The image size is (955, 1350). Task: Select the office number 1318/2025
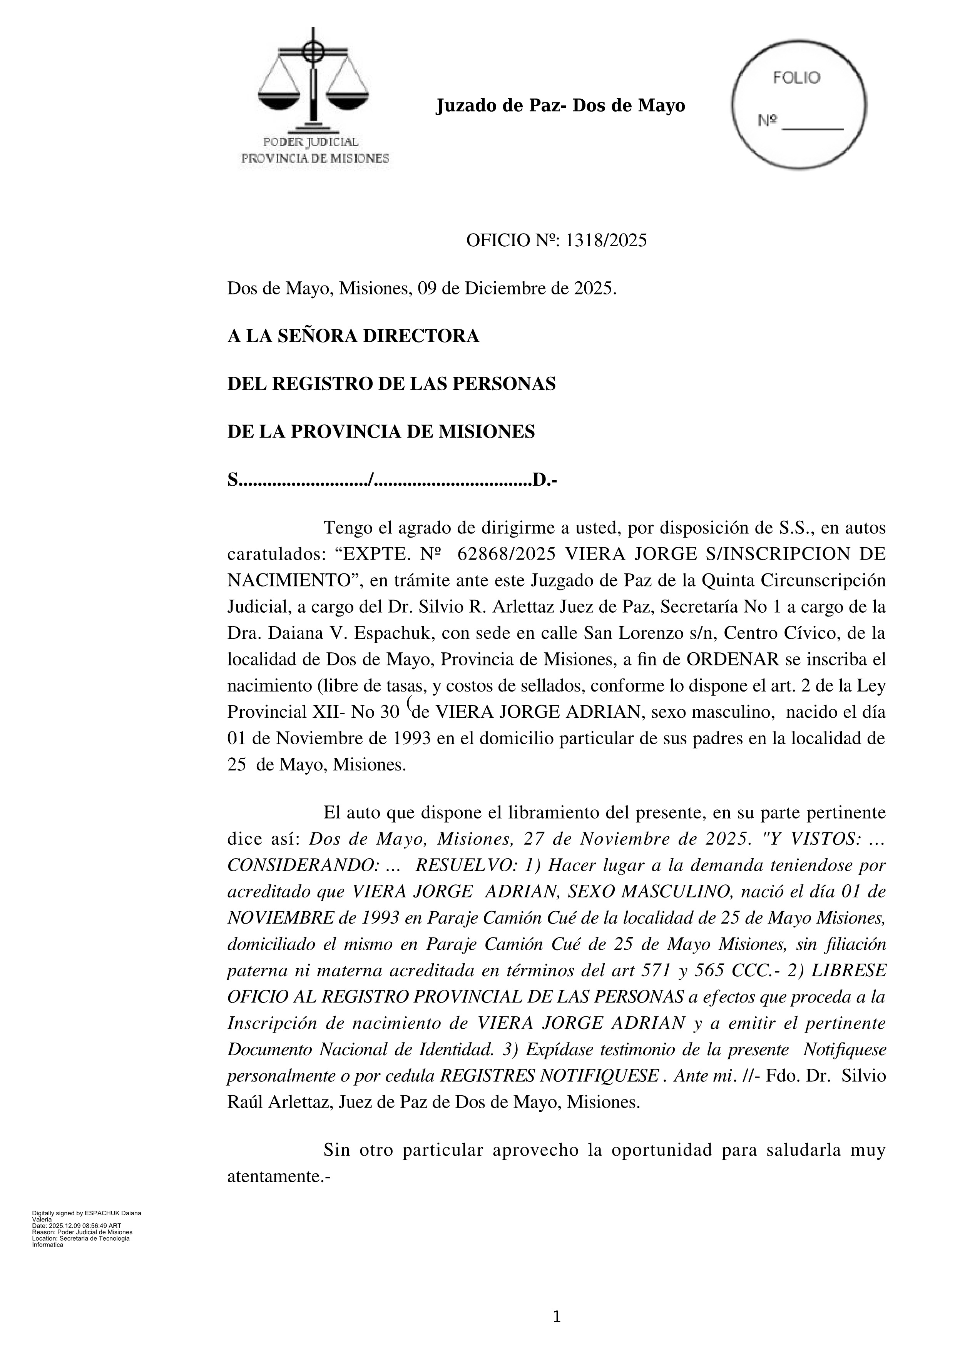coord(606,241)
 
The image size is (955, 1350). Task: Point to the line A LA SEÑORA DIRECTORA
coord(353,336)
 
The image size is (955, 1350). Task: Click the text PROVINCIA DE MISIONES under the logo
coord(316,159)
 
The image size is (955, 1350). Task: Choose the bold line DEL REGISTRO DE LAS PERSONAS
coord(391,384)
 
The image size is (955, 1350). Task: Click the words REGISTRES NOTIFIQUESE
coord(549,1076)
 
